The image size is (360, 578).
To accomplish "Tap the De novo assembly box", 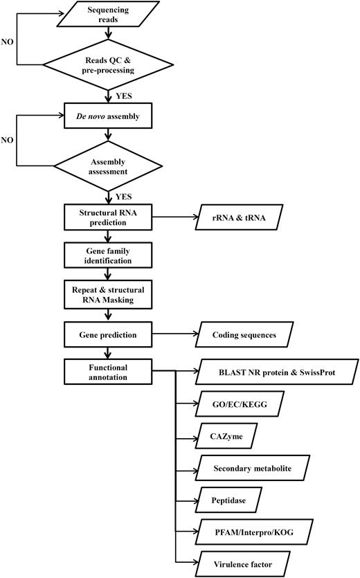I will (x=108, y=116).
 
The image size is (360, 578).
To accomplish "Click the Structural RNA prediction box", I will (x=108, y=217).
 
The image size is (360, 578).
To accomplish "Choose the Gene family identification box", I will (x=108, y=255).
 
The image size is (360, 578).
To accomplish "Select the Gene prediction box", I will (x=108, y=334).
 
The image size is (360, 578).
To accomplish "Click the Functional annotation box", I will (x=108, y=372).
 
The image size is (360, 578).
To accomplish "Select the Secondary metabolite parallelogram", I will (x=252, y=469).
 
